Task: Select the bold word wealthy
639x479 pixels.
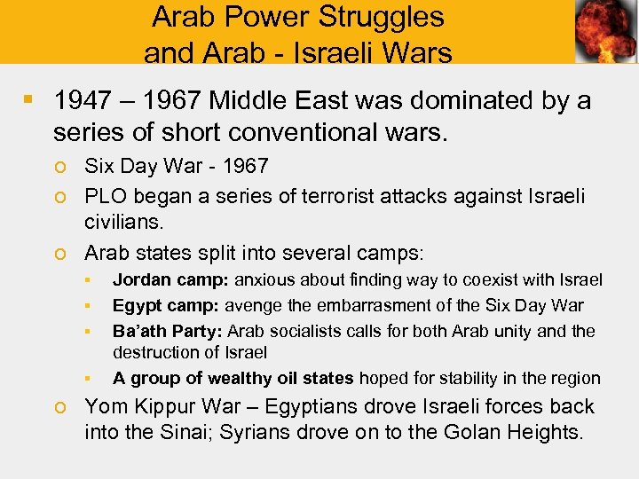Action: coord(236,378)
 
